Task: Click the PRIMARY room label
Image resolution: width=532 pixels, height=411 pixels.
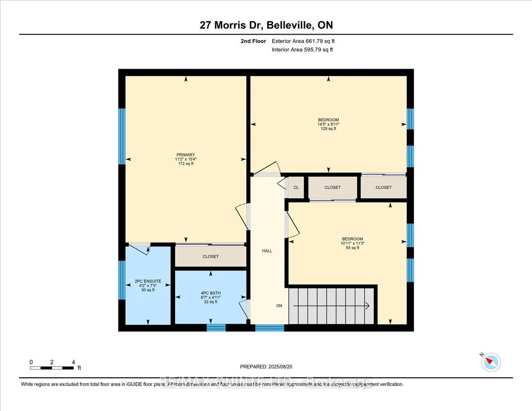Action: (x=185, y=155)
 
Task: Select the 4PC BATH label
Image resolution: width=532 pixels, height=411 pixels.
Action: (x=211, y=293)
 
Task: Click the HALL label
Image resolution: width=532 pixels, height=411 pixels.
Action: (x=267, y=251)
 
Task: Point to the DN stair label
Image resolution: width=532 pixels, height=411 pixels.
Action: (x=279, y=306)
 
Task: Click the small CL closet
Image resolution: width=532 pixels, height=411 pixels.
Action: (x=296, y=188)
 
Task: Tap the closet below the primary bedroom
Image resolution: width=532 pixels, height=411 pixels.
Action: (x=211, y=256)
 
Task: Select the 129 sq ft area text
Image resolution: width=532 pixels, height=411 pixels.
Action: (x=328, y=129)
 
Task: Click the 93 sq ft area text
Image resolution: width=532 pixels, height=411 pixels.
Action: (x=352, y=248)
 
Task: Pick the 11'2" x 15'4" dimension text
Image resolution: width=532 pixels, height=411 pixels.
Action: (x=185, y=159)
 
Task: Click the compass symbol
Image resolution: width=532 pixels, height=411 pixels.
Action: (x=491, y=362)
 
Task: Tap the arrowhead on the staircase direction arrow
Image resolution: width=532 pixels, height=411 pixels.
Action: (x=368, y=305)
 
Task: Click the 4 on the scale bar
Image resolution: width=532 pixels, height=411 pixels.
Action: (x=73, y=362)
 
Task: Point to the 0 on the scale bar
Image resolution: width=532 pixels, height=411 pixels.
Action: (x=31, y=362)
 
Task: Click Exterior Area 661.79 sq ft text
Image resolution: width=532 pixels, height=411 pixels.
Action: (x=306, y=41)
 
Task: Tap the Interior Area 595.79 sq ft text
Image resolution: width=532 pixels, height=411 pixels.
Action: (x=302, y=50)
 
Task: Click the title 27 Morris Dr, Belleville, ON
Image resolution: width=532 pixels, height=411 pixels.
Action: (x=266, y=26)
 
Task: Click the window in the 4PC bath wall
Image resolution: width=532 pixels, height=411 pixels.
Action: (x=216, y=328)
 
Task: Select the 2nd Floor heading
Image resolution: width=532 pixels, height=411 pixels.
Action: (x=253, y=41)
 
